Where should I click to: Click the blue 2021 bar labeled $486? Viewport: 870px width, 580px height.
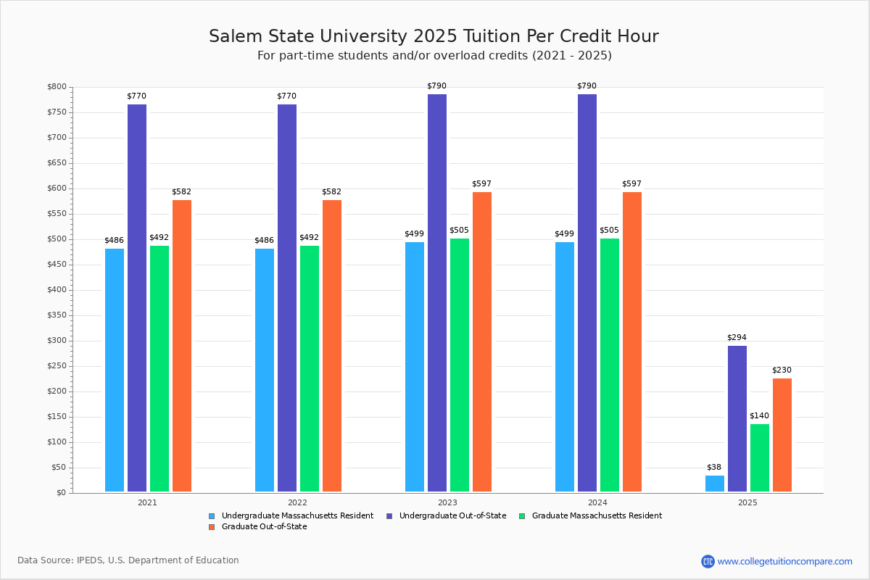[x=115, y=370]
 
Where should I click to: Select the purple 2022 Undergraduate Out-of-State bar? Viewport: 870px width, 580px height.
[x=287, y=298]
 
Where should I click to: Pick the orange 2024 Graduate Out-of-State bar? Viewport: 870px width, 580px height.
[x=632, y=341]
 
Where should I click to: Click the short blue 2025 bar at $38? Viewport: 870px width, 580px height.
[x=715, y=484]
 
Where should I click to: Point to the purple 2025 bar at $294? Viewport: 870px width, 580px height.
[x=737, y=418]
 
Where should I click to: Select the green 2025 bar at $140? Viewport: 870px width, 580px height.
[x=760, y=457]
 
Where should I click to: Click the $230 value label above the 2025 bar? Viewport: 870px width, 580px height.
[x=782, y=370]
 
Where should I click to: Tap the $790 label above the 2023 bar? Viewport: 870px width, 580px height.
[x=436, y=86]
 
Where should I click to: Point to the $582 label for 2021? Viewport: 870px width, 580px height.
[x=181, y=191]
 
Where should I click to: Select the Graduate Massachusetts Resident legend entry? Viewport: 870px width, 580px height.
[x=596, y=515]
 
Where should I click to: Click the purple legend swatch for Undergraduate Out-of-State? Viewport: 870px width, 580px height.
[x=390, y=516]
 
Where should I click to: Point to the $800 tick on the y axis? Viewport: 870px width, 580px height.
[x=57, y=87]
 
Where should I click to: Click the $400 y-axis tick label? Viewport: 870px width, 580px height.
[x=57, y=290]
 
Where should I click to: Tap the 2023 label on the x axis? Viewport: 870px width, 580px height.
[x=447, y=502]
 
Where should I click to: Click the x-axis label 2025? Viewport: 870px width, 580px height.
[x=747, y=502]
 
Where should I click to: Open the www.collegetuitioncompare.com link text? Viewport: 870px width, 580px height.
[x=784, y=561]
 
